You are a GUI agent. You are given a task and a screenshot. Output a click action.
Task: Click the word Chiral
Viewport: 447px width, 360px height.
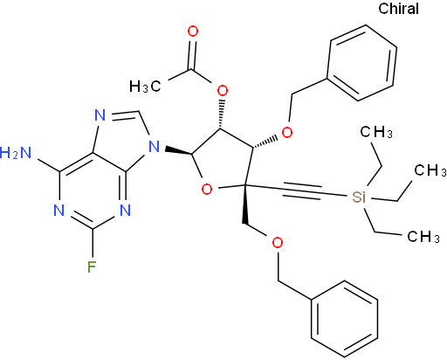[x=398, y=9]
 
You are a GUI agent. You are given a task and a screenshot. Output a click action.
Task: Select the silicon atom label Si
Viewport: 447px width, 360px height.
[x=359, y=197]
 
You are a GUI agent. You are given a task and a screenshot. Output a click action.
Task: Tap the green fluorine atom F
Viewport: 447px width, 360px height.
[x=92, y=267]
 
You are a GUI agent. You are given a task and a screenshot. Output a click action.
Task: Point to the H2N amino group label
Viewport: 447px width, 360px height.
[x=16, y=153]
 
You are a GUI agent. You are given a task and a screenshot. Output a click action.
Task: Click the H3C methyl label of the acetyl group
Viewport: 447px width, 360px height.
[x=145, y=87]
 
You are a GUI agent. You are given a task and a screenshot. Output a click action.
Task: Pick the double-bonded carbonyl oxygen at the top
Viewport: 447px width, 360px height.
[x=193, y=31]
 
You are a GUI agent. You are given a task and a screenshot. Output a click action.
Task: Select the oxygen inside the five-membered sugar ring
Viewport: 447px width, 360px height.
[x=207, y=190]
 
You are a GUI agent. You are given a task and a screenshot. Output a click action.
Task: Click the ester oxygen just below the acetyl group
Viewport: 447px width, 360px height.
[x=223, y=91]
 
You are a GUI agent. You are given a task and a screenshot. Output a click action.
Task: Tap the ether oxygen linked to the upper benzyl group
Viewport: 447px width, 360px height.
[x=287, y=133]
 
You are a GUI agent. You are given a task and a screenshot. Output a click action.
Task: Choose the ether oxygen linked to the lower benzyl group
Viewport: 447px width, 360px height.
[x=277, y=243]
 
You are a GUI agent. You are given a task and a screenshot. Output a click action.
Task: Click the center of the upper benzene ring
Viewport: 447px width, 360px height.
[x=362, y=63]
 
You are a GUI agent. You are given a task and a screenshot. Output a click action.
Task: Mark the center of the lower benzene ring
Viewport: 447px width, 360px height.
[x=345, y=319]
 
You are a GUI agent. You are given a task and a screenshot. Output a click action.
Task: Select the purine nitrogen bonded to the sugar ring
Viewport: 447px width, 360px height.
[x=154, y=147]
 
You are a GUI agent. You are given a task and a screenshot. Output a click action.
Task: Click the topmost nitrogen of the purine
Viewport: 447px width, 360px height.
[x=100, y=115]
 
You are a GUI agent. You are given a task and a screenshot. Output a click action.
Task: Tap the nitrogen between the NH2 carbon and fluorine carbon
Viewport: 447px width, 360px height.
[x=58, y=210]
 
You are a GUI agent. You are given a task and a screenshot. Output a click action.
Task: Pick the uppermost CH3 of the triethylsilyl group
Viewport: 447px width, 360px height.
[x=376, y=132]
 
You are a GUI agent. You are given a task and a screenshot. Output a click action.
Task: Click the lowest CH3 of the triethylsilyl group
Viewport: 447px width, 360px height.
[x=423, y=236]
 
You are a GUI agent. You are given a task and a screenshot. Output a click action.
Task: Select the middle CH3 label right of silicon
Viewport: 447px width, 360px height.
[x=430, y=170]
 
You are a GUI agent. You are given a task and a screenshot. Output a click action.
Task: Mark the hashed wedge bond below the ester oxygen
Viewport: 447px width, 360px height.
[x=222, y=114]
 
